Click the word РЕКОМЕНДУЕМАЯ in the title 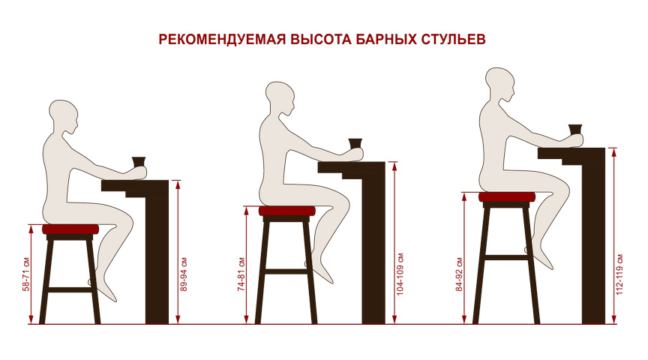(x=222, y=39)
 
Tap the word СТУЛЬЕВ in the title (x=453, y=39)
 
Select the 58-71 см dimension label (x=26, y=274)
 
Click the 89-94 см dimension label (x=184, y=274)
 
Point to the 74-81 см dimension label (x=241, y=274)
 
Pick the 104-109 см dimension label (x=400, y=274)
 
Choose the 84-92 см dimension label (x=459, y=274)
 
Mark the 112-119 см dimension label (x=619, y=274)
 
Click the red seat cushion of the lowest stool (x=70, y=229)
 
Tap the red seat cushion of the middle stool (x=286, y=211)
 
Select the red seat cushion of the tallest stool (x=507, y=197)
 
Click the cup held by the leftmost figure (x=139, y=161)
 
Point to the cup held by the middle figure (x=355, y=144)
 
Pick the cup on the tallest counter (x=574, y=130)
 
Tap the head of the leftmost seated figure (x=64, y=117)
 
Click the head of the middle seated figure (x=280, y=99)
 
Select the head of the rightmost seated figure (x=500, y=85)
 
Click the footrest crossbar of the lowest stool (x=70, y=289)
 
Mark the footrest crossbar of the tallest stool (x=506, y=257)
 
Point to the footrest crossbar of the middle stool (x=286, y=271)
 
